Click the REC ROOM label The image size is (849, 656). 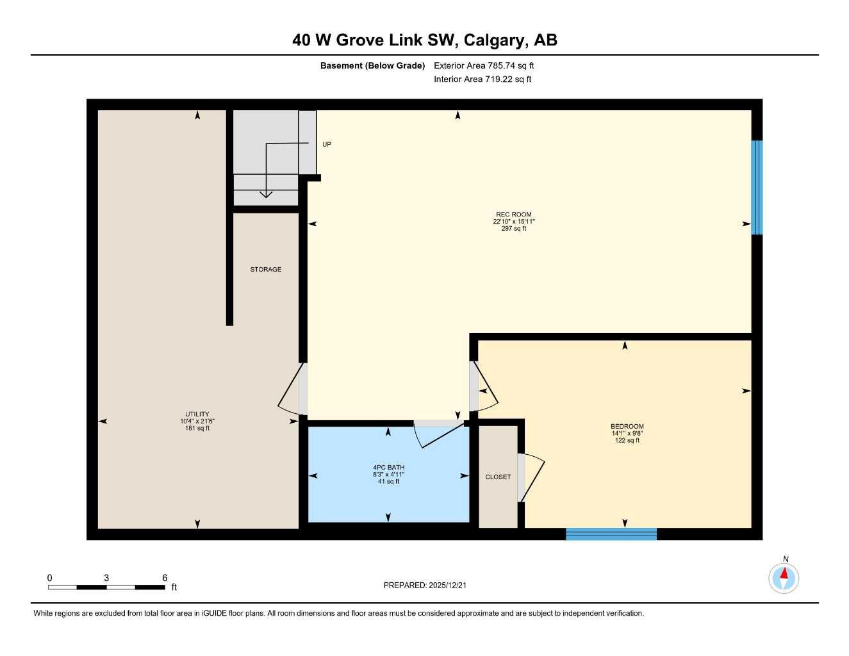(x=513, y=215)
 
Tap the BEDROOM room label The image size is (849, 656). (x=627, y=427)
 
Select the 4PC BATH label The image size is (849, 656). (x=388, y=467)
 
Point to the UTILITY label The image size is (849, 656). (x=197, y=414)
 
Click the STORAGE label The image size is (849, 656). (x=265, y=270)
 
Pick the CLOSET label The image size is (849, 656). (x=498, y=477)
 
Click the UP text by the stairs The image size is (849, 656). (x=327, y=145)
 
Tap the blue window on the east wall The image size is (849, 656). (x=757, y=187)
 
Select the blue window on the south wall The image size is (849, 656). (x=611, y=534)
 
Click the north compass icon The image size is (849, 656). (x=784, y=578)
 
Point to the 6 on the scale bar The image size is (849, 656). (x=165, y=578)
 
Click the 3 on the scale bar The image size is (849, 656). (x=106, y=578)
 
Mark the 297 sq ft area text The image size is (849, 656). (x=513, y=229)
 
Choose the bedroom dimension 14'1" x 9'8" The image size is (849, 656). (x=627, y=434)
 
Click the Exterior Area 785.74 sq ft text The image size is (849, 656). (x=484, y=65)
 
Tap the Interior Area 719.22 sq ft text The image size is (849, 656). (x=482, y=79)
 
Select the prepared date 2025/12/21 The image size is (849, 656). (x=452, y=585)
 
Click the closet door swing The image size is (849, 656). (x=533, y=477)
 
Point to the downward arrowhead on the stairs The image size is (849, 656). (x=266, y=194)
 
